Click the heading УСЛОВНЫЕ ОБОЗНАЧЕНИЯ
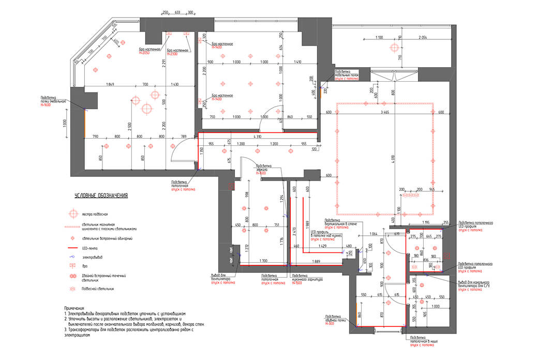[101, 196]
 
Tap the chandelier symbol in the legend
[73, 213]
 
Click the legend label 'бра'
[85, 266]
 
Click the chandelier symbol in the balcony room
[396, 48]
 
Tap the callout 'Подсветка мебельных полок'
[347, 74]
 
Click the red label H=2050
[145, 53]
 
